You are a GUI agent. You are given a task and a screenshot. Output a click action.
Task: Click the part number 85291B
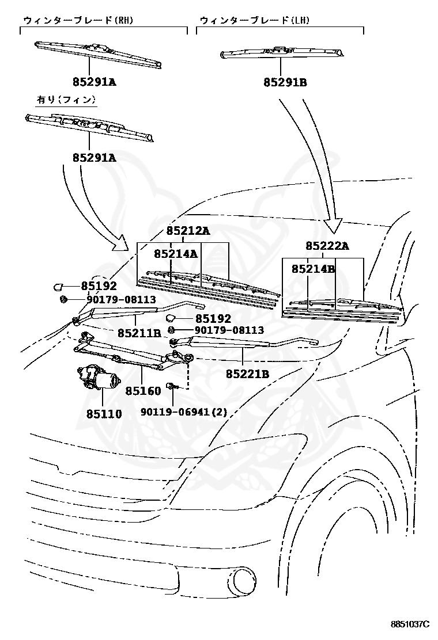point(285,82)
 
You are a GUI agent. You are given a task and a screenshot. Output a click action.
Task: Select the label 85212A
point(188,231)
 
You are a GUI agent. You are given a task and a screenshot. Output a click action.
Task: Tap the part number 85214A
point(176,254)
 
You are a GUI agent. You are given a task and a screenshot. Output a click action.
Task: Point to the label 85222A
point(327,246)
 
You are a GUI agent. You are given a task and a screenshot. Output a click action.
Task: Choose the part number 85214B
point(314,269)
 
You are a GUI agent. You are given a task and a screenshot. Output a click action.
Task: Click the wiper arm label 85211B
point(139,333)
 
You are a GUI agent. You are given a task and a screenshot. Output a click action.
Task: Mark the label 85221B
point(248,374)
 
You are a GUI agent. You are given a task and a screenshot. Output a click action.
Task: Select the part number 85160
point(143,391)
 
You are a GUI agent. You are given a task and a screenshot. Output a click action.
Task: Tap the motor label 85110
point(104,414)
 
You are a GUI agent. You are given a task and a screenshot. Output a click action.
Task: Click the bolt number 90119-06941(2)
point(184,412)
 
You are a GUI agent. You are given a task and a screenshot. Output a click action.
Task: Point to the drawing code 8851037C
point(410,624)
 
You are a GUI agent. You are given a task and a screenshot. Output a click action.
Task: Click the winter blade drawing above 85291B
point(282,52)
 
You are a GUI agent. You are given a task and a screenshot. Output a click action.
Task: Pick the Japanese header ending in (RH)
point(78,20)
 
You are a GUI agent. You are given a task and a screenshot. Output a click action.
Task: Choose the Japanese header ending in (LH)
point(255,20)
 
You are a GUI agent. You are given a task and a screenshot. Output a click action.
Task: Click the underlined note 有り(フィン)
point(67,100)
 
